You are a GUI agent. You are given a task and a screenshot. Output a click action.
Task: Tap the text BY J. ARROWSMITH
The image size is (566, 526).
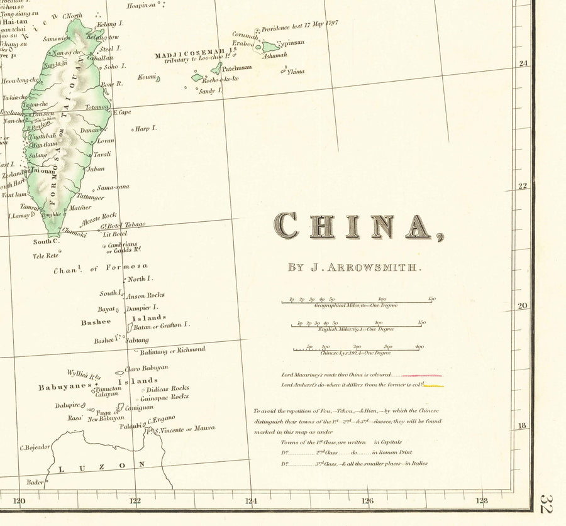(352, 268)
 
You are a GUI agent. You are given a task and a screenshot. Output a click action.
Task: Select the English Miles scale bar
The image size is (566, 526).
(356, 326)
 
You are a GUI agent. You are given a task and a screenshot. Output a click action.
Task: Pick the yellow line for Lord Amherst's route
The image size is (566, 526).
(434, 385)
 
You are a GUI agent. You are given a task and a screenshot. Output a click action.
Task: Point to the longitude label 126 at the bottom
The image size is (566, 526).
(367, 501)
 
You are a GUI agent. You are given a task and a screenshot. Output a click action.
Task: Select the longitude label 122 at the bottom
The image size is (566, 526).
(135, 501)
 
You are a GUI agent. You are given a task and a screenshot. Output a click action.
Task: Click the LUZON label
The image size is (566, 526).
(101, 466)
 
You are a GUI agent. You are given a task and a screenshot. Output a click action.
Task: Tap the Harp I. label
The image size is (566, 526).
(146, 128)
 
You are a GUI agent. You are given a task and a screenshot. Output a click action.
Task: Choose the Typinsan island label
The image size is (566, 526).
(291, 43)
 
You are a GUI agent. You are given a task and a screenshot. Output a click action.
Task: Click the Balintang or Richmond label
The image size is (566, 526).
(172, 351)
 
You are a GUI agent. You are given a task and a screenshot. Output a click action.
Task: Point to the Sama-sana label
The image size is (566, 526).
(113, 187)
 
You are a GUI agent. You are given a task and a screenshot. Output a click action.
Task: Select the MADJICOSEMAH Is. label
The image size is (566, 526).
(195, 56)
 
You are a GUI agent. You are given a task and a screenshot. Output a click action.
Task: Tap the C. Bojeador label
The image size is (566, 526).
(35, 447)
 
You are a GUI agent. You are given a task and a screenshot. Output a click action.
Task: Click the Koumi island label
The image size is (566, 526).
(147, 77)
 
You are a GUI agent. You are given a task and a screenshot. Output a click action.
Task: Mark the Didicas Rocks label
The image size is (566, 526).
(167, 388)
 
